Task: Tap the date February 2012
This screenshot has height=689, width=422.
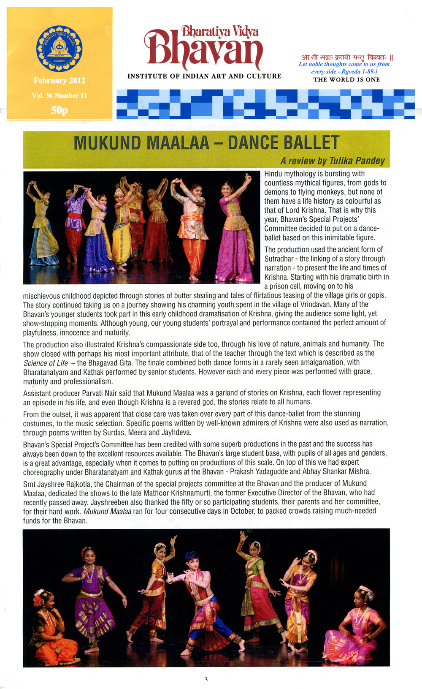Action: [x=59, y=81]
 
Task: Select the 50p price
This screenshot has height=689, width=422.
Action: [x=59, y=110]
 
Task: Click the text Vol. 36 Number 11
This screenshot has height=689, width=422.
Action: [x=59, y=95]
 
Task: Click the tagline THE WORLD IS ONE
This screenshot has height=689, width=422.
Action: [x=346, y=79]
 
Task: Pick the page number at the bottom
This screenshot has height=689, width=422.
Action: [x=206, y=679]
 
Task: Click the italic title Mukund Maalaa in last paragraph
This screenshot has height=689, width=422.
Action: [x=107, y=511]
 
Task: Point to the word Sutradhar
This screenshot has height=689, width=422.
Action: [x=281, y=259]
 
